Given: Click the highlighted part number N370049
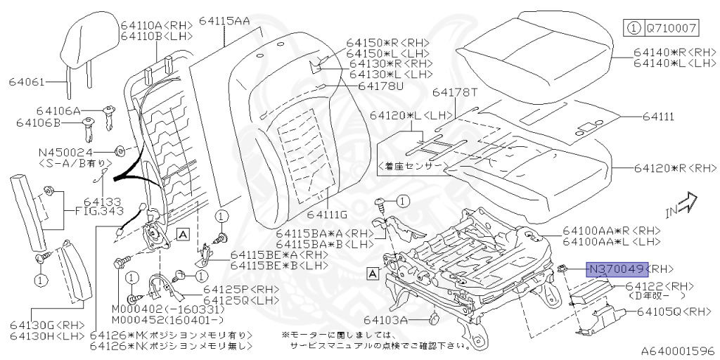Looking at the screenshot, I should pyautogui.click(x=617, y=269).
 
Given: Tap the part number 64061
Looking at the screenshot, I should pyautogui.click(x=27, y=82).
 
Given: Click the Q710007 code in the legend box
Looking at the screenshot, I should pyautogui.click(x=670, y=29).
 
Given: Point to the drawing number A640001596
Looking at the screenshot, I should pyautogui.click(x=676, y=349).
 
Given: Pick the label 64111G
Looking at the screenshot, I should pyautogui.click(x=327, y=214).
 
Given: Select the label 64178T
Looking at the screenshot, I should pyautogui.click(x=454, y=92).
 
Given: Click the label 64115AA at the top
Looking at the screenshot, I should pyautogui.click(x=224, y=20).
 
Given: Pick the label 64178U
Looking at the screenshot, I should pyautogui.click(x=380, y=86).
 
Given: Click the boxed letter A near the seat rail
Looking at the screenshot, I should pyautogui.click(x=373, y=273).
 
